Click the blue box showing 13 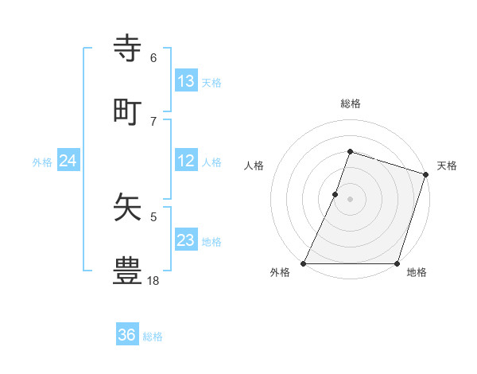pyautogui.click(x=186, y=80)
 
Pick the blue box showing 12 pyautogui.click(x=186, y=161)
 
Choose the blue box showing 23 pyautogui.click(x=186, y=240)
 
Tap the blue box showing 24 pyautogui.click(x=68, y=161)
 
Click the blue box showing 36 pyautogui.click(x=127, y=335)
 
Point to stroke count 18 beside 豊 pyautogui.click(x=153, y=280)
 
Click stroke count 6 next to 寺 pyautogui.click(x=153, y=57)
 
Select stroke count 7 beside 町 pyautogui.click(x=153, y=121)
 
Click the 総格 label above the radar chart pyautogui.click(x=350, y=103)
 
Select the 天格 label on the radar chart pyautogui.click(x=447, y=166)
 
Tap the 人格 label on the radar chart pyautogui.click(x=254, y=166)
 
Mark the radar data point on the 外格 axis pyautogui.click(x=304, y=263)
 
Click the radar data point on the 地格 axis pyautogui.click(x=397, y=263)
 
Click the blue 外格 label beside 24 pyautogui.click(x=42, y=162)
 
